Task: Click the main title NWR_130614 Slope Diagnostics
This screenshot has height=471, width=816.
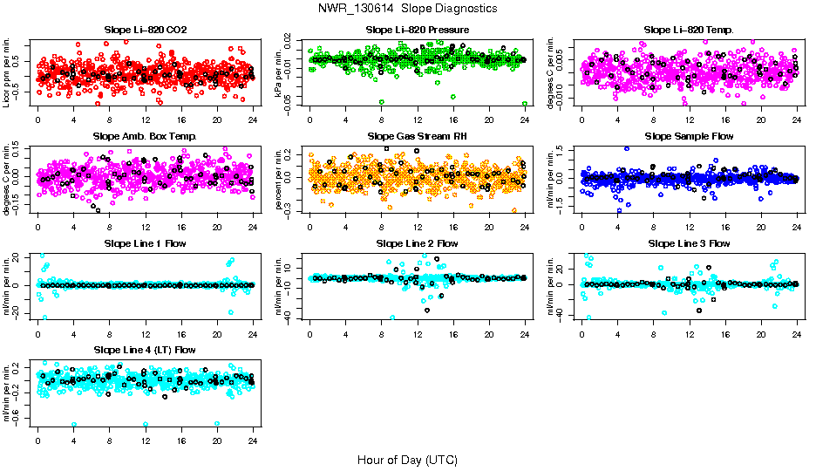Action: click(408, 8)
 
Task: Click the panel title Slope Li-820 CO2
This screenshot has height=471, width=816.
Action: click(145, 30)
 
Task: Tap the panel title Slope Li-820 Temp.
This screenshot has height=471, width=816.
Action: click(689, 30)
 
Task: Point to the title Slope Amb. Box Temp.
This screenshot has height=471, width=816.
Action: click(145, 136)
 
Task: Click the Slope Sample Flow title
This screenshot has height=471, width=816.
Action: click(689, 136)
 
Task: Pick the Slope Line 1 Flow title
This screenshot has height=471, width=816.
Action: click(145, 243)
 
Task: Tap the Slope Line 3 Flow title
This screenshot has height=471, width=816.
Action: click(689, 243)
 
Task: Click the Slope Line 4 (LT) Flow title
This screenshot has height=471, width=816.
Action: click(145, 350)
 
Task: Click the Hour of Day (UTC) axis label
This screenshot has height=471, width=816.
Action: click(407, 459)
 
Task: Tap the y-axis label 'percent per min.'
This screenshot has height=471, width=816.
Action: click(279, 180)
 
